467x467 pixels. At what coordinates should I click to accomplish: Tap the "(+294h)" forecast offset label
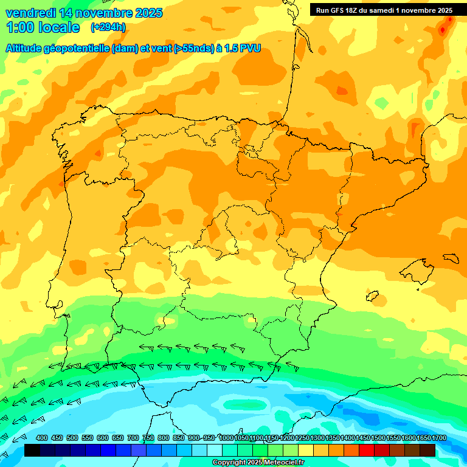click(x=108, y=27)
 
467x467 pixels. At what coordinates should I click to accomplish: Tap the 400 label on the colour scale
click(x=42, y=438)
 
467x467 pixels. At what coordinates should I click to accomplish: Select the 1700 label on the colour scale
click(x=423, y=438)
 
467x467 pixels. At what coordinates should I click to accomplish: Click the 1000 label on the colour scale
click(x=226, y=438)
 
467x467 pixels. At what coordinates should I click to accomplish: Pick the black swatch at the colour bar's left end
click(x=32, y=450)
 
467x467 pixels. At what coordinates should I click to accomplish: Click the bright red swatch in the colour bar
click(x=367, y=450)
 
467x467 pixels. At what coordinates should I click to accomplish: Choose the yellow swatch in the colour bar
click(x=306, y=450)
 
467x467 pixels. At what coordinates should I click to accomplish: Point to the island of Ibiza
click(x=372, y=295)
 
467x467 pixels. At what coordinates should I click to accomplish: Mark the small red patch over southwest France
click(x=342, y=91)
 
